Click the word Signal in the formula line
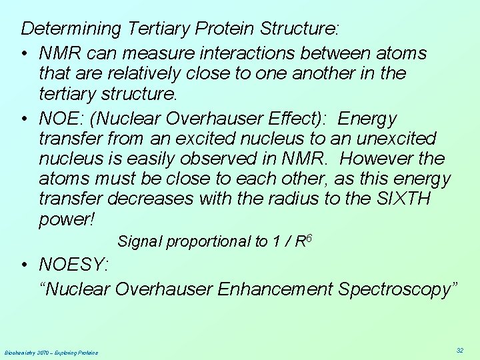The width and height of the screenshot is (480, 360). (x=139, y=242)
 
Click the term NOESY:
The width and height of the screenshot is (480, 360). (x=74, y=265)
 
